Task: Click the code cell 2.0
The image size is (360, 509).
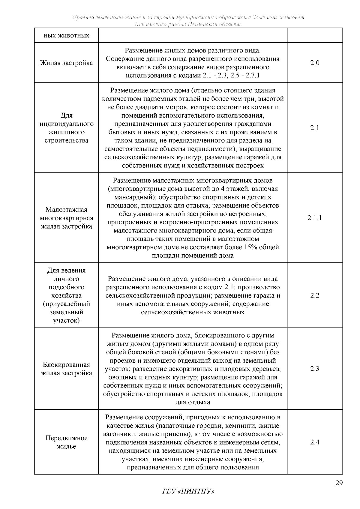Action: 315,63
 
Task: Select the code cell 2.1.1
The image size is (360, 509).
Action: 315,218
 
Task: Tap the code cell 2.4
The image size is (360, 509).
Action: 315,442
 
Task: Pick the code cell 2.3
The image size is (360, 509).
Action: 315,369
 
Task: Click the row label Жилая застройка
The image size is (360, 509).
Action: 66,63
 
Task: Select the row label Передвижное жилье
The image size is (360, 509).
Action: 66,442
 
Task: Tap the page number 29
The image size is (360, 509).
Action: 339,483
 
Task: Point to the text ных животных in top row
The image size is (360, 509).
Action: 66,36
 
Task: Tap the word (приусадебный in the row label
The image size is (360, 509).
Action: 66,304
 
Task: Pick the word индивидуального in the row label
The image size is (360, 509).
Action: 66,124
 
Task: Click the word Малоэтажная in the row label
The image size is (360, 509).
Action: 66,210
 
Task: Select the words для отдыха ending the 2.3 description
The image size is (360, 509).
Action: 193,403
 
